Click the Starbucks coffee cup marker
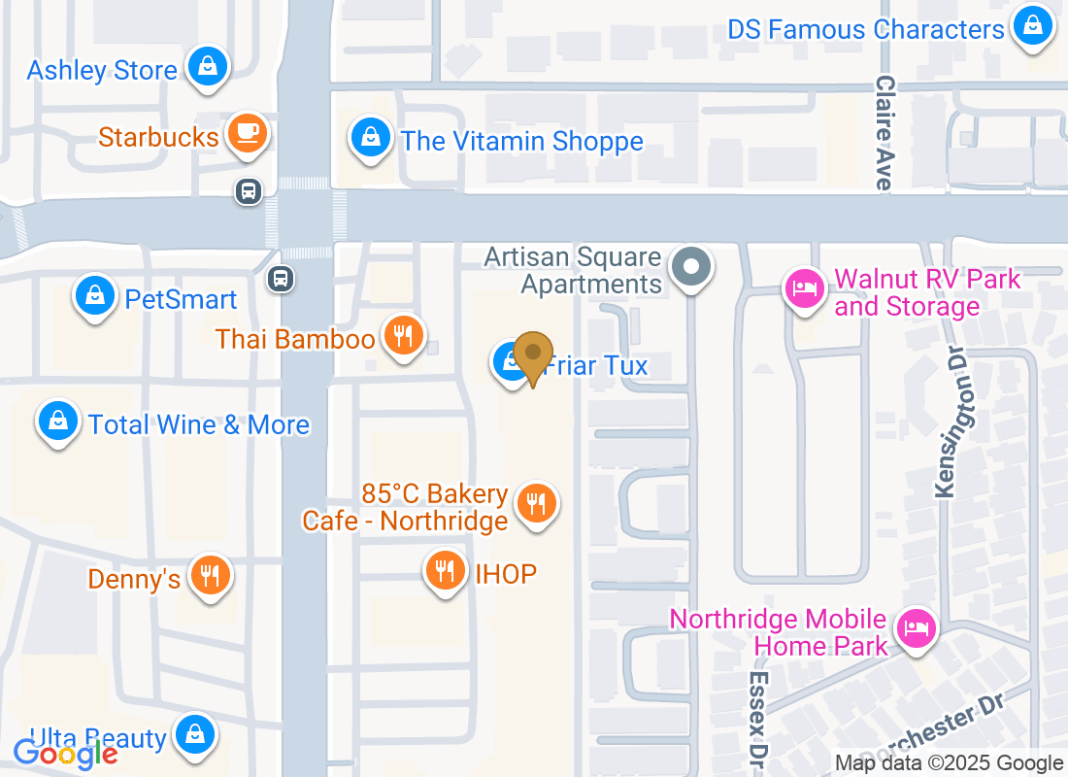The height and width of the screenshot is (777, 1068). click(247, 133)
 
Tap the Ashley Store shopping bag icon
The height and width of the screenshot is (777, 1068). click(207, 67)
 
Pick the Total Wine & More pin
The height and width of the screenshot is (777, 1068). click(58, 422)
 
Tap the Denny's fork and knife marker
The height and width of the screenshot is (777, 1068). click(209, 575)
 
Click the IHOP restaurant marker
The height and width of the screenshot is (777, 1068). click(446, 570)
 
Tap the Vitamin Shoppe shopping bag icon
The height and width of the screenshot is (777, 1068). click(370, 137)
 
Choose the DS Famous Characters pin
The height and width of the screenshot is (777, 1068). click(1032, 26)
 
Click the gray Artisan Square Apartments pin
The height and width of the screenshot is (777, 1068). click(692, 266)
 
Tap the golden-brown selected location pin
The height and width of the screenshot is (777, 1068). click(533, 355)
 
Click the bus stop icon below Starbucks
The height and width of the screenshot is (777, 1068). click(249, 191)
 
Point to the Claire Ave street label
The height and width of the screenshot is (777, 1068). click(884, 133)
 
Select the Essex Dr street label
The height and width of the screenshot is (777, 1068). click(758, 715)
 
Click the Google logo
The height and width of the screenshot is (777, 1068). click(66, 753)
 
